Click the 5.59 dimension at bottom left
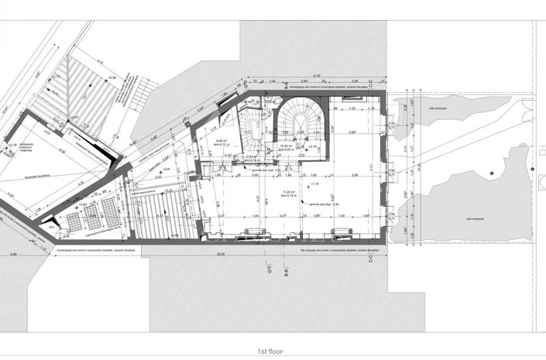pyautogui.click(x=13, y=254)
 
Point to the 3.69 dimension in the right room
pyautogui.click(x=353, y=132)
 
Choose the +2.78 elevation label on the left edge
pyautogui.click(x=11, y=144)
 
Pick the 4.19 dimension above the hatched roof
pyautogui.click(x=101, y=61)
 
